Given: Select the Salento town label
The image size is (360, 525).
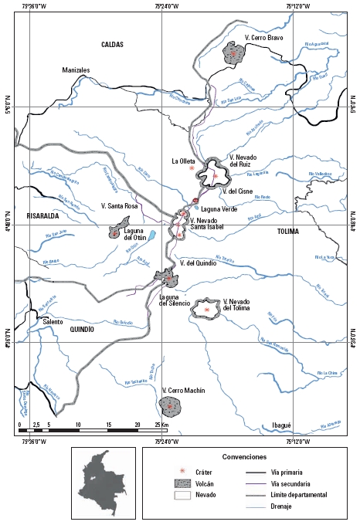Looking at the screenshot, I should [x=53, y=321].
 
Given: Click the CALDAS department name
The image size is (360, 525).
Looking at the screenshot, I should [x=112, y=45].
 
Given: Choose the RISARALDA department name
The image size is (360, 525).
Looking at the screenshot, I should [x=42, y=216].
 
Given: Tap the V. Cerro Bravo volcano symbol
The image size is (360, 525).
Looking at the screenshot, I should [x=233, y=53].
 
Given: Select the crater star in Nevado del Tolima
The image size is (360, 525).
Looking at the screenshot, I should [x=206, y=309].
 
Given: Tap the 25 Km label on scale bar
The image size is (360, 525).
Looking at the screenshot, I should [x=161, y=425].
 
